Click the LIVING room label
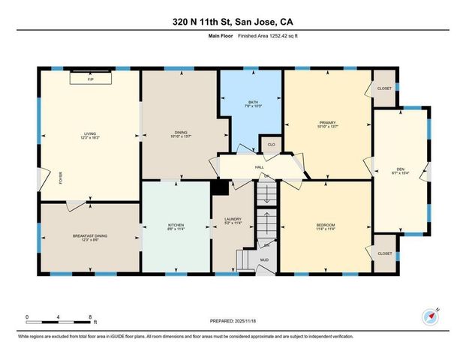pyautogui.click(x=90, y=135)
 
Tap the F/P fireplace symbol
pyautogui.click(x=90, y=78)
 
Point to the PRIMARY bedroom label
pyautogui.click(x=327, y=124)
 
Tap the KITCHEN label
pyautogui.click(x=176, y=226)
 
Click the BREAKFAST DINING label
pyautogui.click(x=90, y=237)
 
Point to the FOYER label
pyautogui.click(x=62, y=178)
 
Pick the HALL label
pyautogui.click(x=259, y=167)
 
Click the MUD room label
pyautogui.click(x=264, y=260)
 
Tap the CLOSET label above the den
pyautogui.click(x=384, y=88)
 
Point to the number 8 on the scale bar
pyautogui.click(x=90, y=317)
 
